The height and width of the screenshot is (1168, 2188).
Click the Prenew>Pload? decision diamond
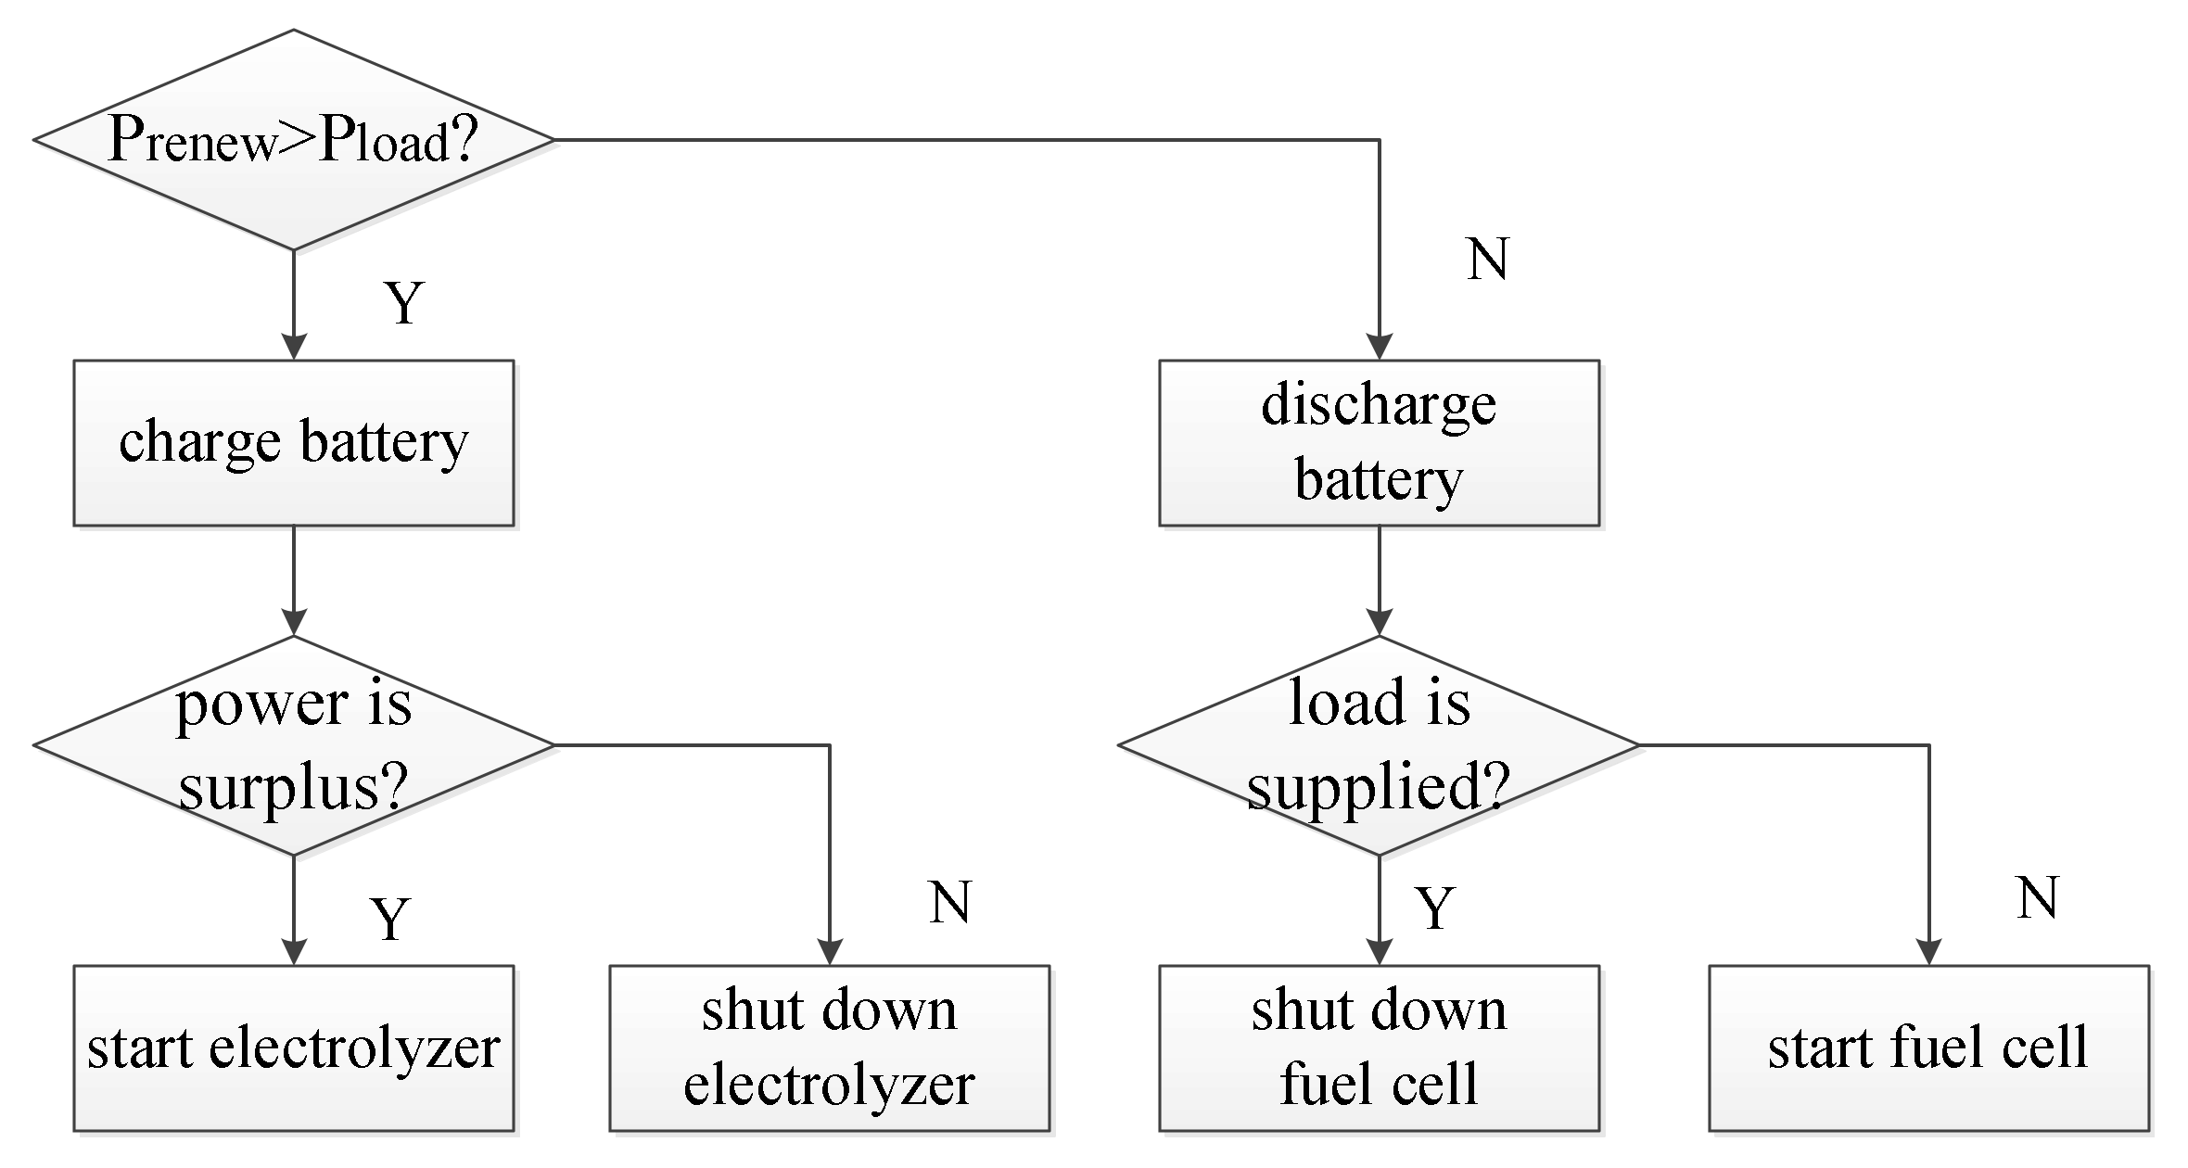(293, 140)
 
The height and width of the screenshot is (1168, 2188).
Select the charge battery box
(293, 443)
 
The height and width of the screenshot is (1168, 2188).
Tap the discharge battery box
(1379, 443)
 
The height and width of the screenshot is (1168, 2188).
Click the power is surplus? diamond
(293, 745)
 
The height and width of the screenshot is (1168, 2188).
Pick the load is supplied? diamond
(1379, 745)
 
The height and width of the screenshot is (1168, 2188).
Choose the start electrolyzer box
(293, 1048)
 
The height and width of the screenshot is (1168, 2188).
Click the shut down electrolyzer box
(829, 1048)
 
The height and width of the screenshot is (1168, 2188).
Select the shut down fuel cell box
(1379, 1048)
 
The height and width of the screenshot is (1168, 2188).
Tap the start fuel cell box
(1928, 1048)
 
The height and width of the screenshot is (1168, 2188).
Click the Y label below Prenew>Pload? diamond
(404, 303)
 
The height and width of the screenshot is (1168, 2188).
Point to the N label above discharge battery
(1488, 259)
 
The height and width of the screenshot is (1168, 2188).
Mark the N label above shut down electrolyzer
(949, 902)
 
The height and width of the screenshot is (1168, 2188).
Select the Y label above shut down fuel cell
(1435, 908)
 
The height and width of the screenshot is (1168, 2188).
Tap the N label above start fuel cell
(2037, 898)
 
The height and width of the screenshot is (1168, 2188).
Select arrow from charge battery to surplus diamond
(294, 579)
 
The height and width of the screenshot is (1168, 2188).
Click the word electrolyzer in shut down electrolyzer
(829, 1085)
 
